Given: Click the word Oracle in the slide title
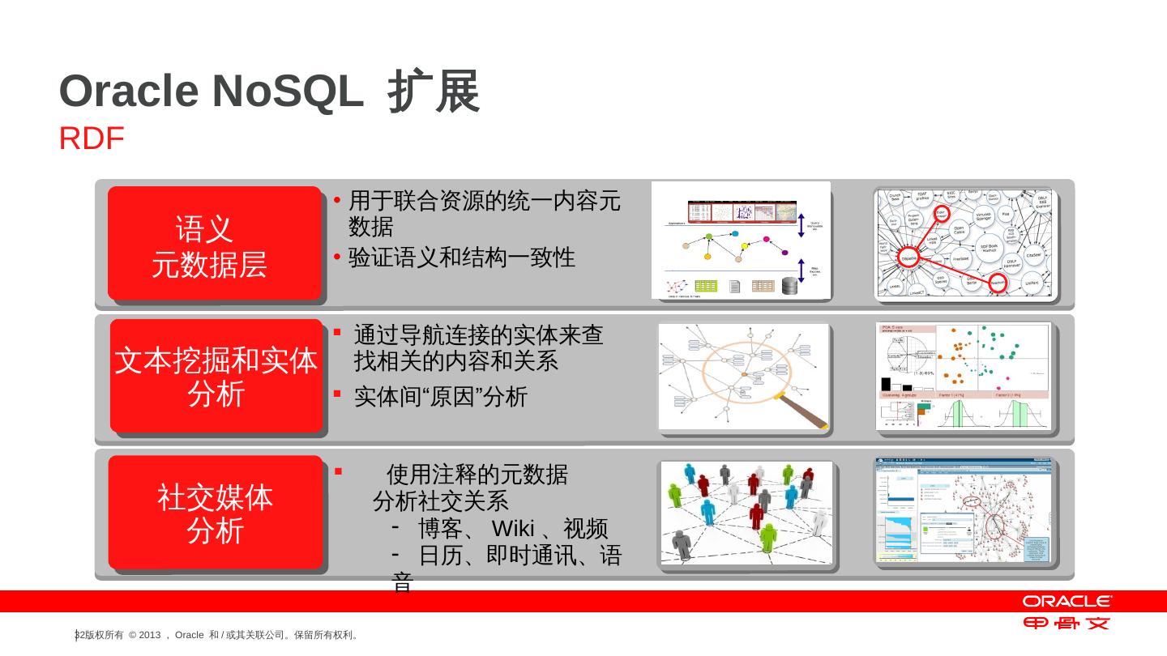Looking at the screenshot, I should [x=129, y=92].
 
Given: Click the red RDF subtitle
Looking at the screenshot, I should [x=91, y=139].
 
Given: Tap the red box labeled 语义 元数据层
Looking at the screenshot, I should [x=214, y=244].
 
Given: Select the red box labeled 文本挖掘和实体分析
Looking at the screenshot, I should [x=216, y=376].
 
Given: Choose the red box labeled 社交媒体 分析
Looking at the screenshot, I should [x=216, y=513].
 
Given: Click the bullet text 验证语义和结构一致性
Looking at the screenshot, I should [x=461, y=258].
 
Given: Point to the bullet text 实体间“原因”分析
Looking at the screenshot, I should [x=441, y=396].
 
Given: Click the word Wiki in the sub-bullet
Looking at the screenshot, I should [x=513, y=530].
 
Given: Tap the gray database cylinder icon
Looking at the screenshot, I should [x=789, y=286].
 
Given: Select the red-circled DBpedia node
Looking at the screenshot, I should [x=909, y=258].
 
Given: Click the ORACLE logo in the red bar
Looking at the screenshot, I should [x=1067, y=602].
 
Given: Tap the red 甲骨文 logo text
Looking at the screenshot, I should [x=1067, y=623].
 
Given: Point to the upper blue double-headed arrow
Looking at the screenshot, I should [x=802, y=225].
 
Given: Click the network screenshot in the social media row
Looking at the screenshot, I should [x=963, y=510].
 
